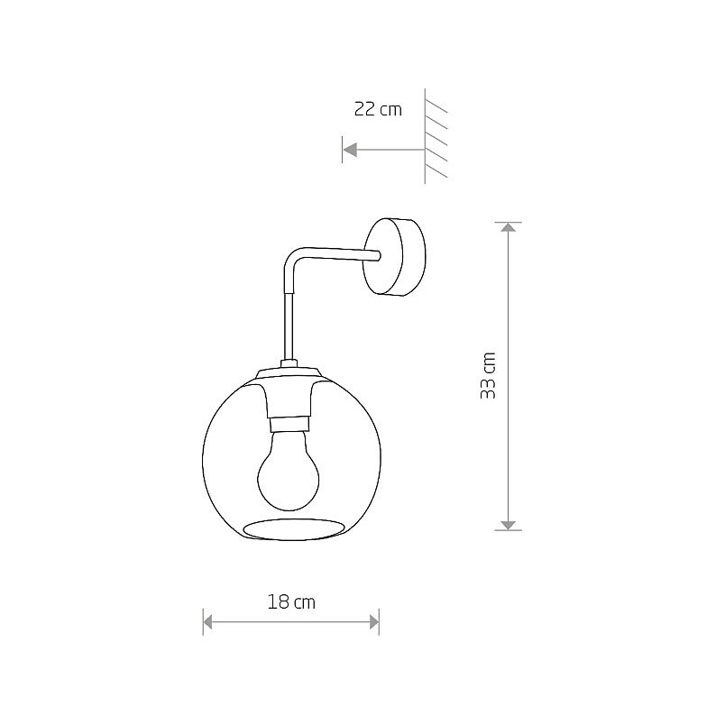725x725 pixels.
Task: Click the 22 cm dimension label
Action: tap(378, 110)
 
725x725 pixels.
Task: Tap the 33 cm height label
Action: tap(488, 376)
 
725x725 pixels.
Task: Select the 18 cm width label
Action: tap(291, 602)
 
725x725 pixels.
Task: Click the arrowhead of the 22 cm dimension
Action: tap(350, 150)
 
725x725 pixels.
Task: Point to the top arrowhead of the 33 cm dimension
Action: tap(509, 227)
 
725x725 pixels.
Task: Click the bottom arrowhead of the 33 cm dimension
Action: tap(509, 526)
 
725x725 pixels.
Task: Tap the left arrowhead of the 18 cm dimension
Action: tap(207, 622)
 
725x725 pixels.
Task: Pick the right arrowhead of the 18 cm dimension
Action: tap(374, 622)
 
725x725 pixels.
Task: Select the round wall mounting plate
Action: tap(394, 256)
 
